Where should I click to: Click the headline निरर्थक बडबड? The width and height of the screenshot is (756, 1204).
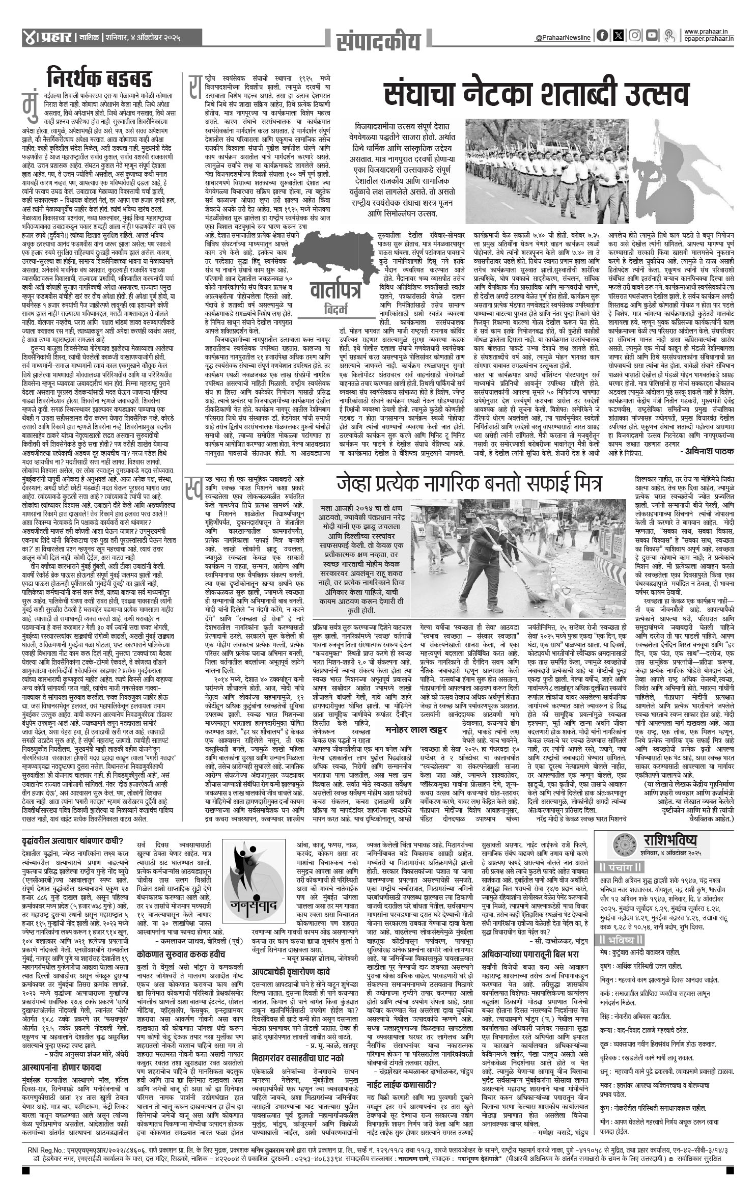(x=99, y=79)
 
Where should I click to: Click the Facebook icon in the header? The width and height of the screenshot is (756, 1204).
(x=602, y=36)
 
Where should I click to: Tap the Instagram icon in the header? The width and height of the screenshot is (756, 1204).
(x=634, y=36)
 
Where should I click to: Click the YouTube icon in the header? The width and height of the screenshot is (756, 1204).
(x=651, y=36)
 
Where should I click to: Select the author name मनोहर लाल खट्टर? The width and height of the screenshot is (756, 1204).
(x=416, y=730)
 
